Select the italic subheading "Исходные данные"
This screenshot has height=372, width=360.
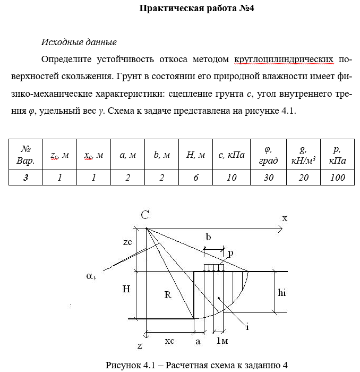pos(79,42)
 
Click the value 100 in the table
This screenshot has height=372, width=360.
pos(337,177)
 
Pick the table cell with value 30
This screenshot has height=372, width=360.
pos(269,177)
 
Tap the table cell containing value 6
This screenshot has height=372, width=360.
pos(195,177)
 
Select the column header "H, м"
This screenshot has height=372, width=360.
pos(195,155)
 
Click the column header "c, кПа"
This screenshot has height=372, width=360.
pos(232,155)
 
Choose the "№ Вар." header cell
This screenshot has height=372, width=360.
pos(25,155)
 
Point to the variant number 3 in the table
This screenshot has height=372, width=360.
pos(25,177)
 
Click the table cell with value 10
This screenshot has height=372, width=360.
pos(232,177)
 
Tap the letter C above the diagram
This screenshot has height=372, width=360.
pos(144,215)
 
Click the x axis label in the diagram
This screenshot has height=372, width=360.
pos(285,218)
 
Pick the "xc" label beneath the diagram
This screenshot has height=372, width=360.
pos(169,341)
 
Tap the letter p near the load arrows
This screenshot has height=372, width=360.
pos(230,254)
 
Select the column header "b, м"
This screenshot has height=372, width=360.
pos(161,155)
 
